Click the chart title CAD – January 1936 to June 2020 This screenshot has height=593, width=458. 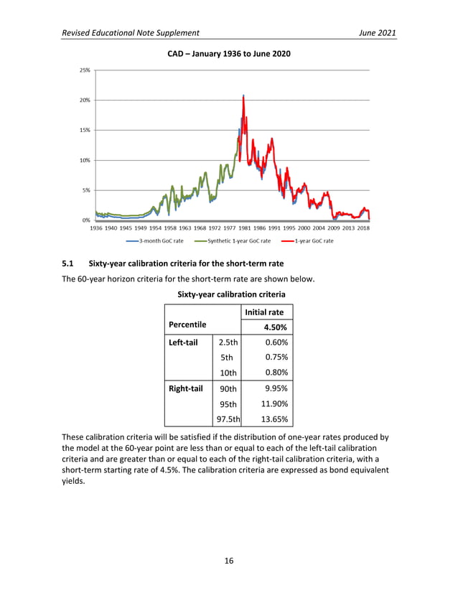pos(228,55)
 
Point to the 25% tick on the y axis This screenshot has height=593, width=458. pos(85,70)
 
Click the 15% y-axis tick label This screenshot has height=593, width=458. pos(85,131)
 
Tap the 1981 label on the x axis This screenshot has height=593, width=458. pos(244,228)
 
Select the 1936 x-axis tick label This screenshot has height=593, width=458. pos(96,228)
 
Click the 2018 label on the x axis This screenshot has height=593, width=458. pos(363,228)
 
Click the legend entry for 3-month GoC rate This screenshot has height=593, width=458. pos(159,241)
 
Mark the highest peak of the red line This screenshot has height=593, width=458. pos(244,95)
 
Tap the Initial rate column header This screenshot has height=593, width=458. pos(264,312)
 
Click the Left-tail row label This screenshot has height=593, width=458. pos(183,342)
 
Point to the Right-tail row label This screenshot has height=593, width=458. pos(185,388)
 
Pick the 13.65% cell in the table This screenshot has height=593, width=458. pos(273,419)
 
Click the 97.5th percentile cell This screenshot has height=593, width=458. pos(226,419)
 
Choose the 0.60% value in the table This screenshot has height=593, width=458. pos(276,342)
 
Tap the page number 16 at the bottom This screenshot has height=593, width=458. pos(228,561)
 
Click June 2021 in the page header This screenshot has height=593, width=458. pos(375,33)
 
